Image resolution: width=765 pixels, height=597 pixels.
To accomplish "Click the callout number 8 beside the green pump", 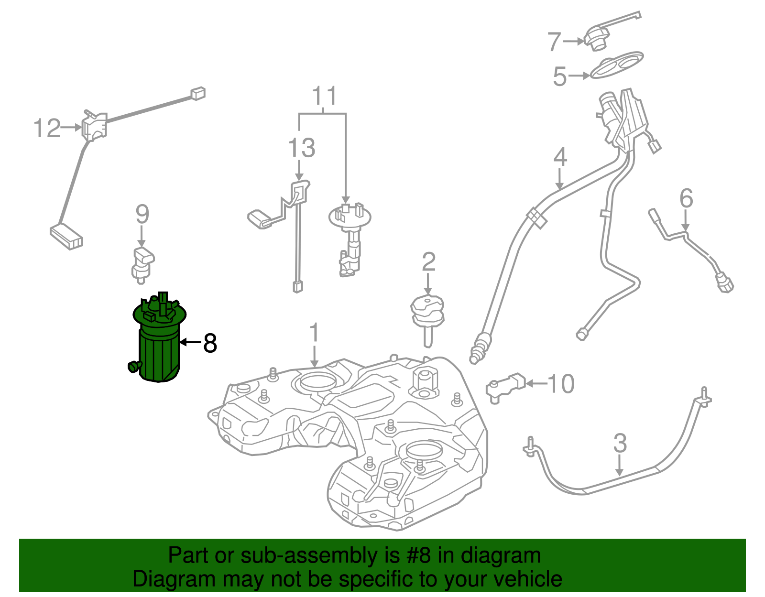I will pyautogui.click(x=210, y=343).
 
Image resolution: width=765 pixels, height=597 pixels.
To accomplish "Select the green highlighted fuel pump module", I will pyautogui.click(x=158, y=344).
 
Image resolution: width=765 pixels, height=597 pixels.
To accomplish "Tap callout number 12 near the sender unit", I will pyautogui.click(x=47, y=128).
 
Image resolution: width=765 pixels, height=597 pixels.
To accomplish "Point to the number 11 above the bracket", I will pyautogui.click(x=324, y=96).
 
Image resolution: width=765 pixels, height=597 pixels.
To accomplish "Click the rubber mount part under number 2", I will pyautogui.click(x=427, y=313).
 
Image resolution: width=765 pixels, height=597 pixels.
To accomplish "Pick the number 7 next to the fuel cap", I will pyautogui.click(x=554, y=42).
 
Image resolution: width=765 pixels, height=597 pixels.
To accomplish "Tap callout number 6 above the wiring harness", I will pyautogui.click(x=686, y=198).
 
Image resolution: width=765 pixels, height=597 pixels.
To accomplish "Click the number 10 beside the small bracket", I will pyautogui.click(x=560, y=383).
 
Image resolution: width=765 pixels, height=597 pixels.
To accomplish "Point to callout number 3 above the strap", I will pyautogui.click(x=620, y=443).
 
